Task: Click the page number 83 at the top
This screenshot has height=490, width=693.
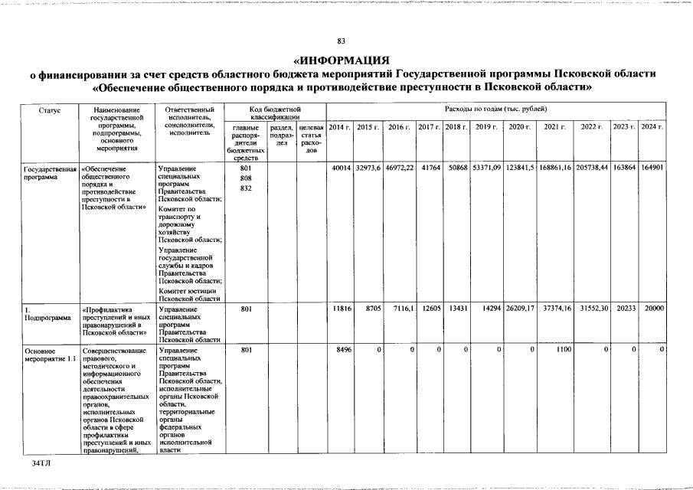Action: [x=342, y=41]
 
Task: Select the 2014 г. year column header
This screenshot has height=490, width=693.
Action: [x=339, y=126]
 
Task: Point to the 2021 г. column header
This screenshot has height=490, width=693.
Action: [x=554, y=126]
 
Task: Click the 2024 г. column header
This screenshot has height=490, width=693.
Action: [x=652, y=126]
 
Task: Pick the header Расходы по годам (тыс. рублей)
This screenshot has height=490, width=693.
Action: [x=495, y=110]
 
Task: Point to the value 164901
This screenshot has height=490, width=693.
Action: [x=652, y=168]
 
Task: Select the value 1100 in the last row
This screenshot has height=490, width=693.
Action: [x=563, y=350]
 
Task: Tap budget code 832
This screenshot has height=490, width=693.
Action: [x=246, y=188]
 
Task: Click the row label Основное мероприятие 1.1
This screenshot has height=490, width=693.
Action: [x=50, y=354]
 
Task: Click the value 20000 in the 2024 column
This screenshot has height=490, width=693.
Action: [x=653, y=308]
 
